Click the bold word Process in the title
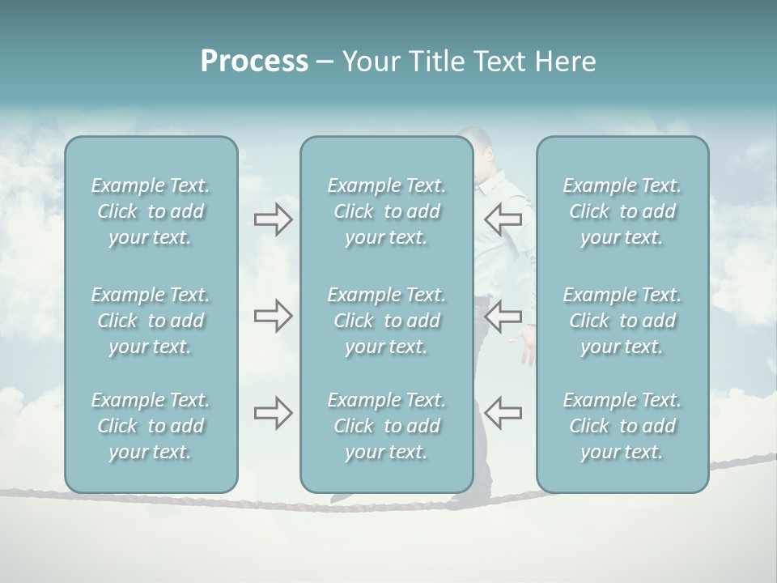pyautogui.click(x=254, y=62)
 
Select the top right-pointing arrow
pyautogui.click(x=273, y=219)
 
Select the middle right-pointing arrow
pyautogui.click(x=273, y=316)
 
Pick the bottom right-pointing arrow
pyautogui.click(x=273, y=413)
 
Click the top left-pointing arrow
pyautogui.click(x=503, y=219)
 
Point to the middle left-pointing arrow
pyautogui.click(x=503, y=316)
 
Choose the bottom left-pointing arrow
pyautogui.click(x=503, y=413)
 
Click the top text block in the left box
pyautogui.click(x=151, y=211)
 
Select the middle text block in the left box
pyautogui.click(x=151, y=321)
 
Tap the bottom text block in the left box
pyautogui.click(x=151, y=426)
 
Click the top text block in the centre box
pyautogui.click(x=386, y=211)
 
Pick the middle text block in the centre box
pyautogui.click(x=386, y=321)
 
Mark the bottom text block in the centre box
pyautogui.click(x=386, y=426)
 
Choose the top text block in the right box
pyautogui.click(x=622, y=211)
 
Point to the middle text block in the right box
pyautogui.click(x=622, y=321)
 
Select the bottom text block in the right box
pyautogui.click(x=622, y=426)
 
